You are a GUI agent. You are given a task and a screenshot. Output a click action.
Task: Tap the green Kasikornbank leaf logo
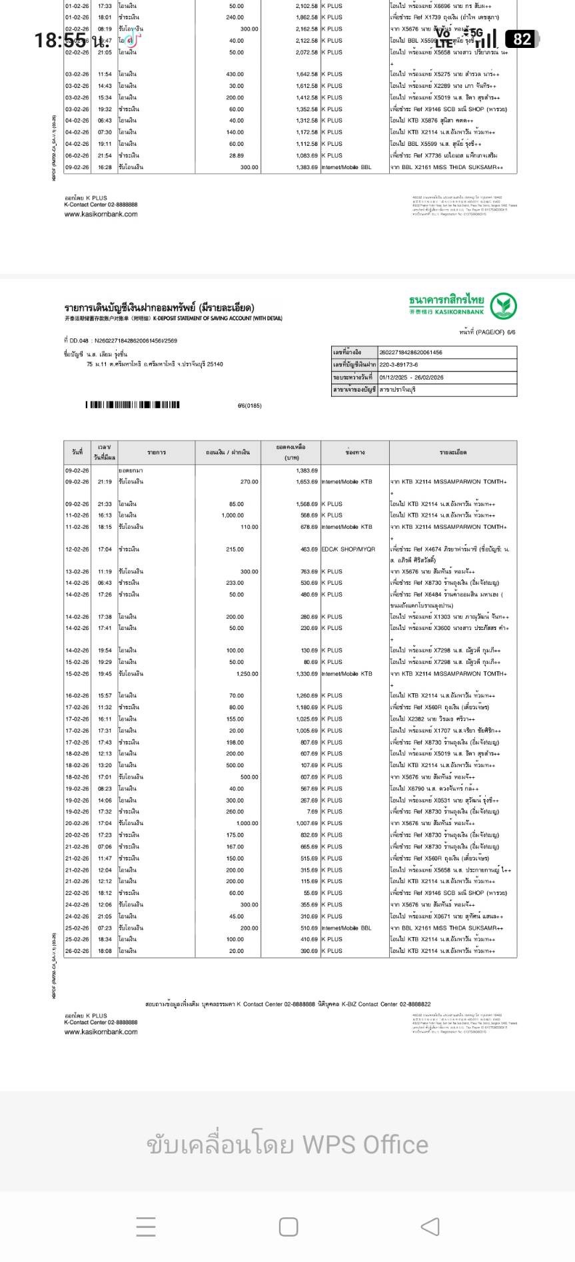coord(504,306)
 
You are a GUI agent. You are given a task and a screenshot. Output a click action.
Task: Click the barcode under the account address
coord(133,405)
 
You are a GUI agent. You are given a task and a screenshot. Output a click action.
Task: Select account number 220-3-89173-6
coord(398,365)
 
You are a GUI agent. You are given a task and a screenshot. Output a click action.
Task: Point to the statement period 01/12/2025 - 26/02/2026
coord(411,378)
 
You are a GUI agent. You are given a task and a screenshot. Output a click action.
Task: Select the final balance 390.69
coord(308,951)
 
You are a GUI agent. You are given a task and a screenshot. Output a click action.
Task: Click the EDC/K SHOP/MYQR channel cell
coord(348,549)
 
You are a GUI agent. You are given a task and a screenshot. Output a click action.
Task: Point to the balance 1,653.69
coord(306,481)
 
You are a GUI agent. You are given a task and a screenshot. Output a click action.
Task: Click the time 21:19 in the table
coord(105,481)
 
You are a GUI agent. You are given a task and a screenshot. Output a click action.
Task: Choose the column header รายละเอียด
coord(452,452)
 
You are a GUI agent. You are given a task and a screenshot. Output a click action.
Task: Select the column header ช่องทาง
coord(354,452)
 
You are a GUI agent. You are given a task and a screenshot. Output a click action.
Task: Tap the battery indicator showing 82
coord(522,39)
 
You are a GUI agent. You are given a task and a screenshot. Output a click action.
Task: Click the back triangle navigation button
coord(430,1226)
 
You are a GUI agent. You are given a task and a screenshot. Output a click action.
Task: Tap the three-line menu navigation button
coord(145,1226)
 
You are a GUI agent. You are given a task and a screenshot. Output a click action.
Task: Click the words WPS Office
coord(365,1144)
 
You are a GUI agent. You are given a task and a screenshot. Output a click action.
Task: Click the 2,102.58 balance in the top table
coord(306,6)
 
